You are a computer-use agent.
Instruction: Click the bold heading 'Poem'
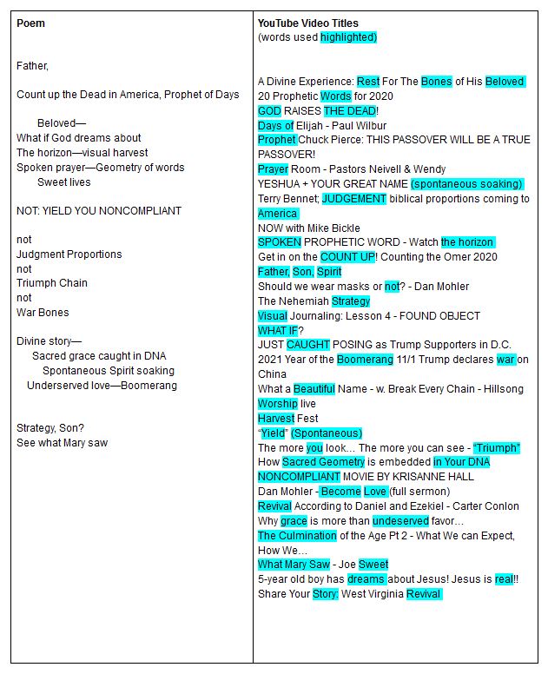[x=30, y=23]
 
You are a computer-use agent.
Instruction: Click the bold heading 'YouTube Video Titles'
[x=307, y=23]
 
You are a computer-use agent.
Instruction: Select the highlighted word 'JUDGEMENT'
[x=353, y=199]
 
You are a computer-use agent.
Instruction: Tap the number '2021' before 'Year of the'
[x=270, y=360]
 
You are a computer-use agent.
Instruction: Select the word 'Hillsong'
[x=505, y=389]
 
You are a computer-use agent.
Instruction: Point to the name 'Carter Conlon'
[x=488, y=506]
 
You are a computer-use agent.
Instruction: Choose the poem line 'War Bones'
[x=43, y=313]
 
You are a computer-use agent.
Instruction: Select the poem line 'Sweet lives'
[x=63, y=182]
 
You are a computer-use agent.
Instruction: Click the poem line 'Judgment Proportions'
[x=69, y=254]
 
